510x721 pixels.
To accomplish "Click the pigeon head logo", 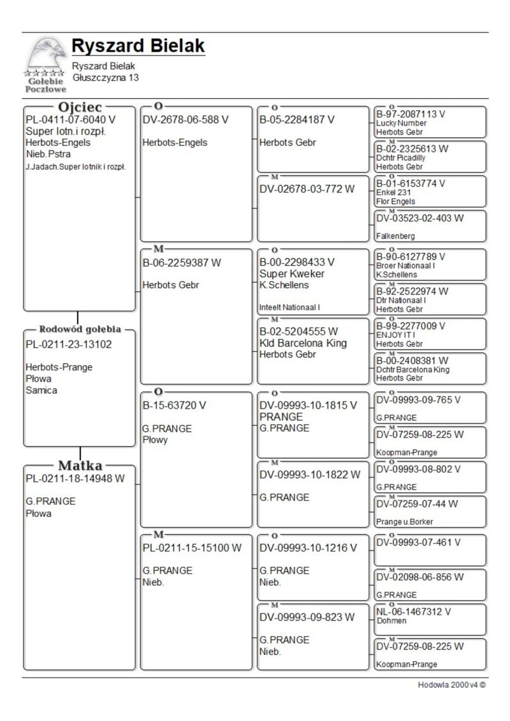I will (x=45, y=57).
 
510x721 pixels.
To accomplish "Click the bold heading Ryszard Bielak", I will (x=138, y=46).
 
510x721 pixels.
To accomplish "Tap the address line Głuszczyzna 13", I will (x=105, y=78).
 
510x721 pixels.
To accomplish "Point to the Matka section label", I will (x=80, y=465).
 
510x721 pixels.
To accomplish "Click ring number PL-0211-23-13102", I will (x=68, y=345).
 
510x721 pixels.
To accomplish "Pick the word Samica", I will (x=41, y=390).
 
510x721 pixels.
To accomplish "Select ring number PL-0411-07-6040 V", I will (x=71, y=119).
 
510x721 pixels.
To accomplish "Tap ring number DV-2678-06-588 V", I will (x=186, y=119).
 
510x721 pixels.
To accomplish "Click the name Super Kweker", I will (x=292, y=273).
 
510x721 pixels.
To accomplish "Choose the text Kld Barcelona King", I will (x=303, y=343).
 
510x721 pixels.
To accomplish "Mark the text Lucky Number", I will (x=402, y=123).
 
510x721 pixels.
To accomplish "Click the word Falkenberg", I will (x=395, y=236).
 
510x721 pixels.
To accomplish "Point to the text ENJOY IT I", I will (x=396, y=335).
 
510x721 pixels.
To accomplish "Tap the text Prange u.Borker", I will (x=405, y=521).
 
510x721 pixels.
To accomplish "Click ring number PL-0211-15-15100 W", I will (x=192, y=548).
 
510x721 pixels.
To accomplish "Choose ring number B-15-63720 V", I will (x=174, y=405).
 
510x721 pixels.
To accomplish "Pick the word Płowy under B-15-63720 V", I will (x=155, y=440).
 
